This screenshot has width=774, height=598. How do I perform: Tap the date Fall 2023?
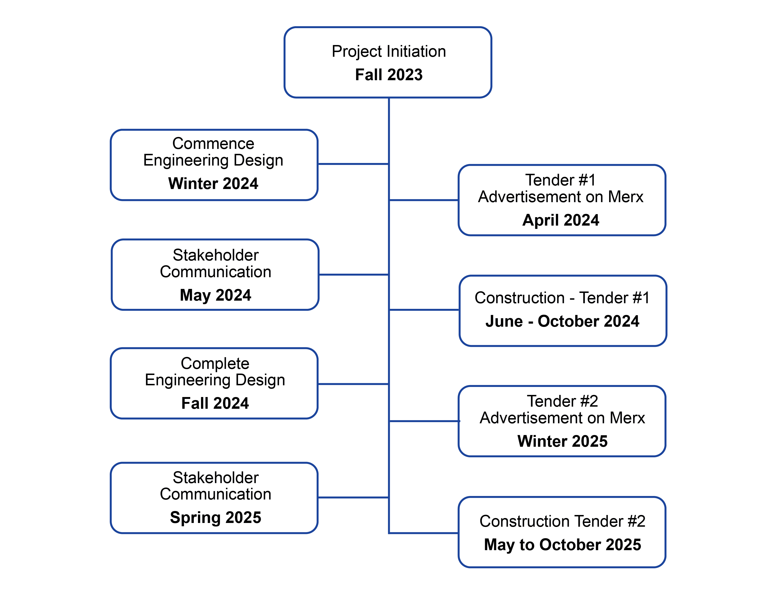tap(389, 75)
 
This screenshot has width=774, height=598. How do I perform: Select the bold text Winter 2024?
tap(213, 184)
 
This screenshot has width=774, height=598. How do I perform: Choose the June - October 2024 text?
tap(562, 321)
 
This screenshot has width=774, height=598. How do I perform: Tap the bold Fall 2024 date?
tap(215, 403)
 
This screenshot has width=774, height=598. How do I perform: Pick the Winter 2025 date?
tap(562, 441)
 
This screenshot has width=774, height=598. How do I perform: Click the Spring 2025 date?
tap(216, 518)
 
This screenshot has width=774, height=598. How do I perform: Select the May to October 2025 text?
tap(562, 545)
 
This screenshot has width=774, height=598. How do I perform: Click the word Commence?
tap(213, 144)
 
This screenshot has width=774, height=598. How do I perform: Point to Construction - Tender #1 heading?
tap(562, 298)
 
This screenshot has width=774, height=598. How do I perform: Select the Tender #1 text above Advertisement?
tap(560, 180)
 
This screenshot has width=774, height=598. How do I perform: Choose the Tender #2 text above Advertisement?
tap(562, 401)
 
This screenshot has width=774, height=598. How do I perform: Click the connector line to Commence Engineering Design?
tap(353, 164)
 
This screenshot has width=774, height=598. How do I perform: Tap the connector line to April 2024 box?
tap(424, 200)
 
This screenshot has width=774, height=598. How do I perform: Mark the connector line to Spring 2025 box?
tap(353, 497)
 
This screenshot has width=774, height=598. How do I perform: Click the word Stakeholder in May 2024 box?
tap(216, 255)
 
